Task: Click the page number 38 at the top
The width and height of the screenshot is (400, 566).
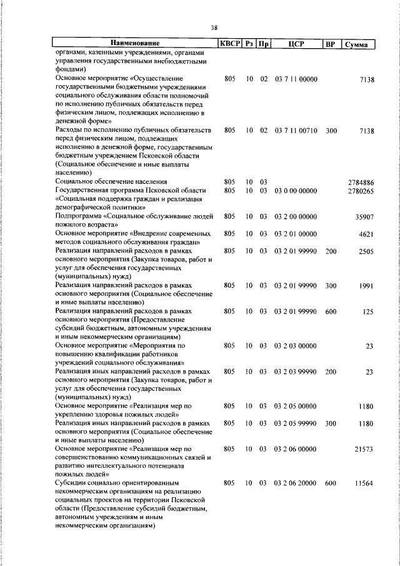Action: [214, 28]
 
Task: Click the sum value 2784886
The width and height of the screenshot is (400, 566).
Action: [361, 182]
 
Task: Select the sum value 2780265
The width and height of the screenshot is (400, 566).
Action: [361, 190]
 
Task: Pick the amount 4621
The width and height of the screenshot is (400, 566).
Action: [366, 234]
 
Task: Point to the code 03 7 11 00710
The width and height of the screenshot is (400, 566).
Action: [296, 130]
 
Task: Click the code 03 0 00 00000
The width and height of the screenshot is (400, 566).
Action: [296, 190]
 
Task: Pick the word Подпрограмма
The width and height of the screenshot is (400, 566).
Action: [79, 216]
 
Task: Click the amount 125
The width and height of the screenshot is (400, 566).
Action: [368, 311]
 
